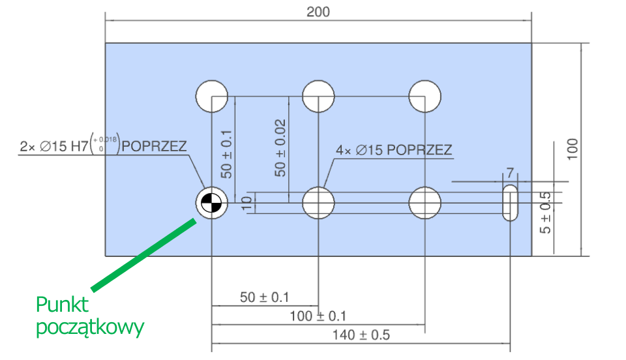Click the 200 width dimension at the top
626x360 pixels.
[x=319, y=12]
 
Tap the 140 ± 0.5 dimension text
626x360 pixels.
[x=363, y=335]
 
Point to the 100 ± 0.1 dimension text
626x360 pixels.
[x=318, y=316]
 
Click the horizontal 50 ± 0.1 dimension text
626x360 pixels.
[x=264, y=297]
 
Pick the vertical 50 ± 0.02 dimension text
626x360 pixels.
[x=280, y=148]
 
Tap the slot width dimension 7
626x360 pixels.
[x=510, y=173]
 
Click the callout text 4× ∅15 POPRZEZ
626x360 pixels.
[x=394, y=150]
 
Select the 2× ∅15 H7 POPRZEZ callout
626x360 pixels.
[x=103, y=145]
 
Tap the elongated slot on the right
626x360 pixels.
[x=510, y=203]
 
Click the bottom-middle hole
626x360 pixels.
[x=318, y=203]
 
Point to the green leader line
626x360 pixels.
[x=143, y=254]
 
